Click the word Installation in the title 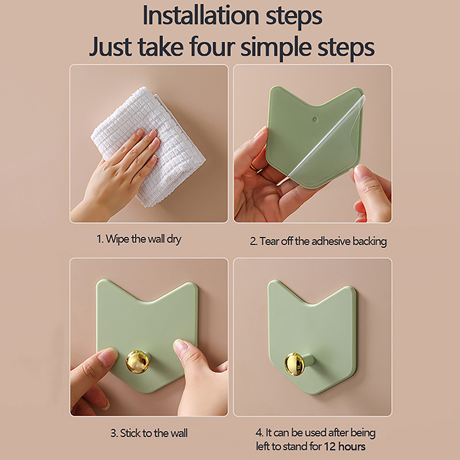[x=201, y=16]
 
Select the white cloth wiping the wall [x=148, y=146]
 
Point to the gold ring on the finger [x=256, y=168]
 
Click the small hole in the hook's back [x=315, y=119]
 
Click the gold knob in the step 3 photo [x=137, y=362]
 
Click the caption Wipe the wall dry [x=139, y=239]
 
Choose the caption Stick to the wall [x=149, y=433]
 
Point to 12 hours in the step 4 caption [x=344, y=447]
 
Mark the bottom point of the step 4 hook [x=312, y=394]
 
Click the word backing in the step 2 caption [x=370, y=241]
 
